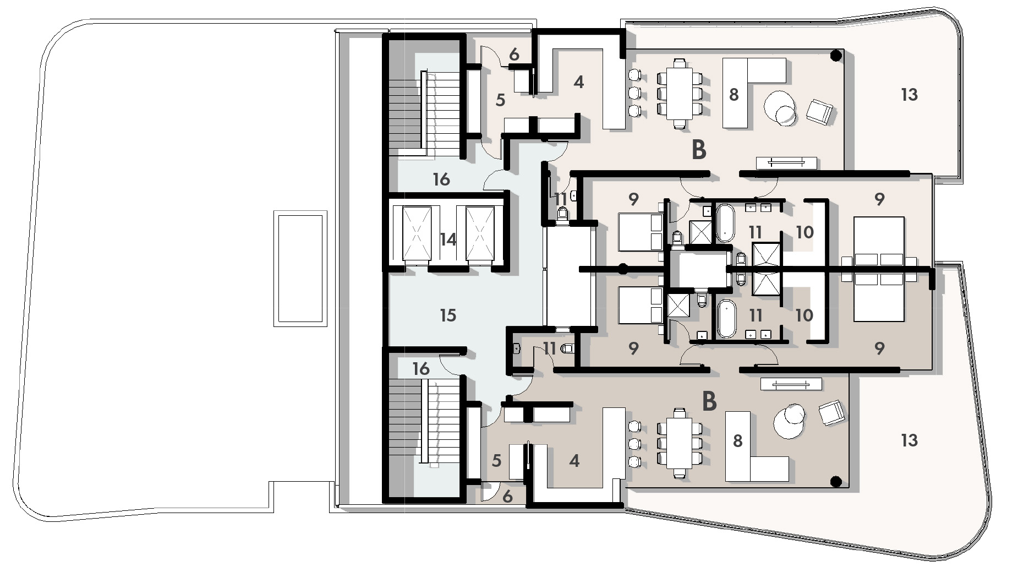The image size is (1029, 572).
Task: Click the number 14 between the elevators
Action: point(448,239)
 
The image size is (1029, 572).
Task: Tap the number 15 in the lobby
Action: point(448,315)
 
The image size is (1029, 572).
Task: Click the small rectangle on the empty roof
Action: point(300,268)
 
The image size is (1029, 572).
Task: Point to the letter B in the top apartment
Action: point(698,150)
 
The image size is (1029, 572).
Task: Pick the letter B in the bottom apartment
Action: point(709,401)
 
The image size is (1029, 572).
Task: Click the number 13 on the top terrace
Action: point(909,95)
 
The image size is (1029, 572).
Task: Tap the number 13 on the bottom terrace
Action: point(909,440)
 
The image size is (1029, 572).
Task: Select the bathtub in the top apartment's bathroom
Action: point(725,223)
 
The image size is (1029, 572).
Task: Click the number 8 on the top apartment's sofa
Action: point(734,95)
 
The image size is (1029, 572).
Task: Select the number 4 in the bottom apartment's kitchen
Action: point(574,460)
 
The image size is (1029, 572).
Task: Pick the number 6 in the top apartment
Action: point(514,55)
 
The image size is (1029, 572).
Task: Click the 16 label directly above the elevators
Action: point(441,179)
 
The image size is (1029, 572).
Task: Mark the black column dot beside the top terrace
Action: point(836,55)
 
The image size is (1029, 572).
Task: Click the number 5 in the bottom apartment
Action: point(496,460)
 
